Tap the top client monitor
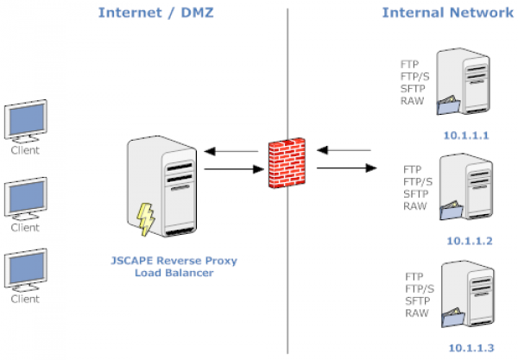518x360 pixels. point(24,123)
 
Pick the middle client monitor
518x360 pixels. point(24,198)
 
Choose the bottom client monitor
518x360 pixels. point(24,270)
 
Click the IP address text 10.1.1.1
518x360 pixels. point(465,136)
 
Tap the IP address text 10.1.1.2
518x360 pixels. point(470,242)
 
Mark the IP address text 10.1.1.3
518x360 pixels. point(470,348)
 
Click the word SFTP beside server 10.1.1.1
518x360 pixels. point(414,89)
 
